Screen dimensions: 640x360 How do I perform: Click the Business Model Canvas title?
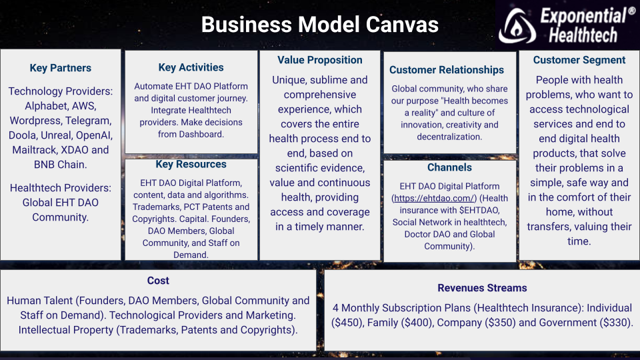pyautogui.click(x=319, y=25)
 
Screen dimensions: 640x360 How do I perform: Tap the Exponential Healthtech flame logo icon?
pyautogui.click(x=517, y=26)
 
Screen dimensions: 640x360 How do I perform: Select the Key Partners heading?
pyautogui.click(x=61, y=68)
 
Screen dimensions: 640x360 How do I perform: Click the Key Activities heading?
pyautogui.click(x=191, y=67)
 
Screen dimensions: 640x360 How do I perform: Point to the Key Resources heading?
pyautogui.click(x=191, y=164)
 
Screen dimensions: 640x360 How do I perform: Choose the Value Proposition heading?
pyautogui.click(x=319, y=60)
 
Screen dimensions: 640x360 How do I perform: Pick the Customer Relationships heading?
pyautogui.click(x=447, y=70)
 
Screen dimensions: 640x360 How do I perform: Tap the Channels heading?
pyautogui.click(x=449, y=167)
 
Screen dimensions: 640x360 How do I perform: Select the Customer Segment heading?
pyautogui.click(x=579, y=60)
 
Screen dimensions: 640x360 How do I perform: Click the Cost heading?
pyautogui.click(x=158, y=281)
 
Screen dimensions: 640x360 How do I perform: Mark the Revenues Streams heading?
pyautogui.click(x=482, y=288)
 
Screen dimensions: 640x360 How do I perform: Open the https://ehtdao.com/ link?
pyautogui.click(x=434, y=199)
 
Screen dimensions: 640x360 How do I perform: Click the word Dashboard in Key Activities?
pyautogui.click(x=199, y=134)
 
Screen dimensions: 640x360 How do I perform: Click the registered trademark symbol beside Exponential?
pyautogui.click(x=631, y=11)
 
